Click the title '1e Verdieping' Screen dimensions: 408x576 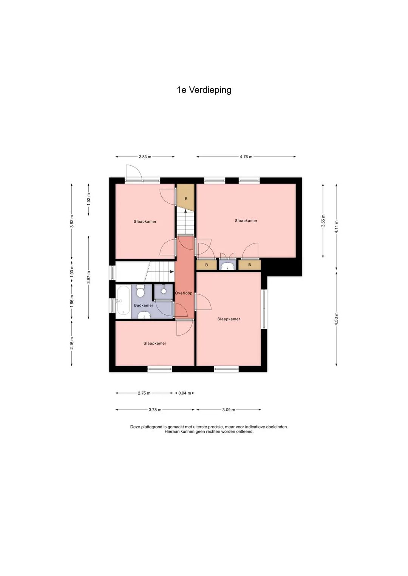coord(204,90)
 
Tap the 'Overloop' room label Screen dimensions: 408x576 coord(184,293)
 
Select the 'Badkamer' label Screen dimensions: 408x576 coord(144,305)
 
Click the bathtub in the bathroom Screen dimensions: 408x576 coord(123,301)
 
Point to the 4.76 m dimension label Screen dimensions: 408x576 coord(246,157)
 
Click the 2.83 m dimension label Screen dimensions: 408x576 coord(145,157)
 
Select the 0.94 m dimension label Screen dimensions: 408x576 coord(185,393)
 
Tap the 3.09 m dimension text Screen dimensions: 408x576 coord(229,410)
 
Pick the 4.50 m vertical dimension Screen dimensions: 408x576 coord(336,319)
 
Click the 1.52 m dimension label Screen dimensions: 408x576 coord(88,199)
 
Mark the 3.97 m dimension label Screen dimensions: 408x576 coord(88,277)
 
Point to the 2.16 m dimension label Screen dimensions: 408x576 coord(72,343)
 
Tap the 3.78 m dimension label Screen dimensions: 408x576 coord(155,410)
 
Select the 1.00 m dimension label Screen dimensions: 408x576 coord(72,272)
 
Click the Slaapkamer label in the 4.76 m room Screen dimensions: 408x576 coord(246,221)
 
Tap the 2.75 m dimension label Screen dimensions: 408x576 coord(144,393)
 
